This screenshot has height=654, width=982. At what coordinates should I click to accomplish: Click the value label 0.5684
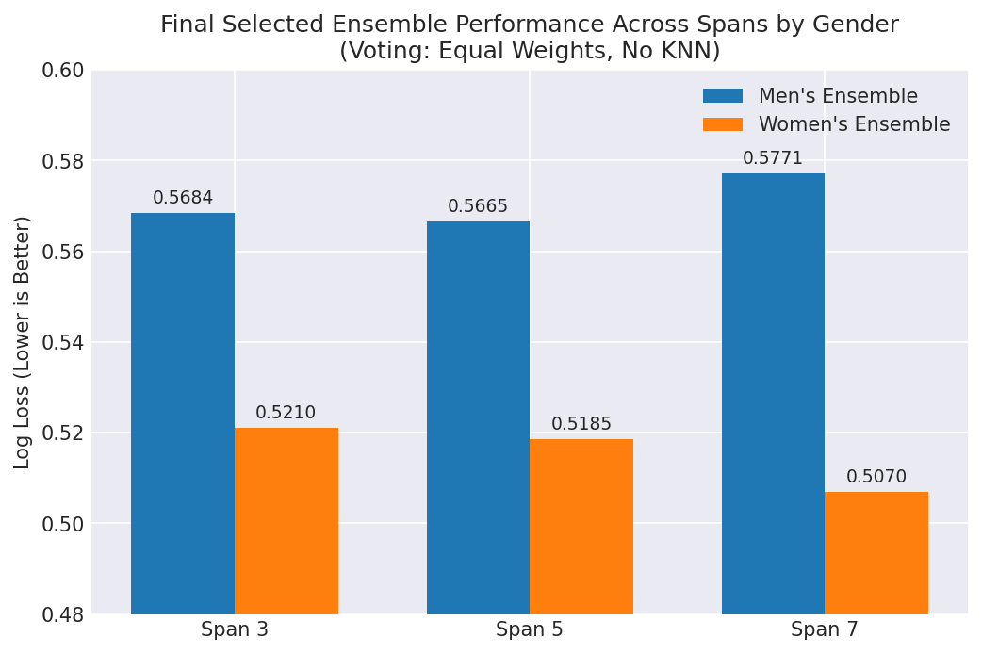[x=183, y=198]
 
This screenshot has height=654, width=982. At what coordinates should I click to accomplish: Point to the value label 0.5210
[x=286, y=413]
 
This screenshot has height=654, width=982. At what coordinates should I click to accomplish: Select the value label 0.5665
[x=478, y=206]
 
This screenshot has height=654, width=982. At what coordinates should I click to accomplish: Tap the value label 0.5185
[x=581, y=424]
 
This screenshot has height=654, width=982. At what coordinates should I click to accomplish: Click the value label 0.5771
[x=773, y=158]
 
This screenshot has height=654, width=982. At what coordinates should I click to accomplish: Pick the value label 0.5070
[x=876, y=477]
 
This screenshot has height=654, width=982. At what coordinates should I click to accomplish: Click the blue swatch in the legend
[x=723, y=96]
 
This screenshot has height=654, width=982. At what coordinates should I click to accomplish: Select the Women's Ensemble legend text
[x=854, y=124]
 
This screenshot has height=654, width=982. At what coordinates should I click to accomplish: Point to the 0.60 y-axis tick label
[x=62, y=71]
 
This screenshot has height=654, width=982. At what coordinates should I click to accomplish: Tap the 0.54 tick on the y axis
[x=62, y=342]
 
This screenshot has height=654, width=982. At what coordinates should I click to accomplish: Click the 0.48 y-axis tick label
[x=62, y=614]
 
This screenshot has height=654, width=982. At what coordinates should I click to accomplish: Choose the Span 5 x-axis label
[x=530, y=629]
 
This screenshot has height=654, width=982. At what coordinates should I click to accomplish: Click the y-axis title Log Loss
[x=24, y=342]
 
